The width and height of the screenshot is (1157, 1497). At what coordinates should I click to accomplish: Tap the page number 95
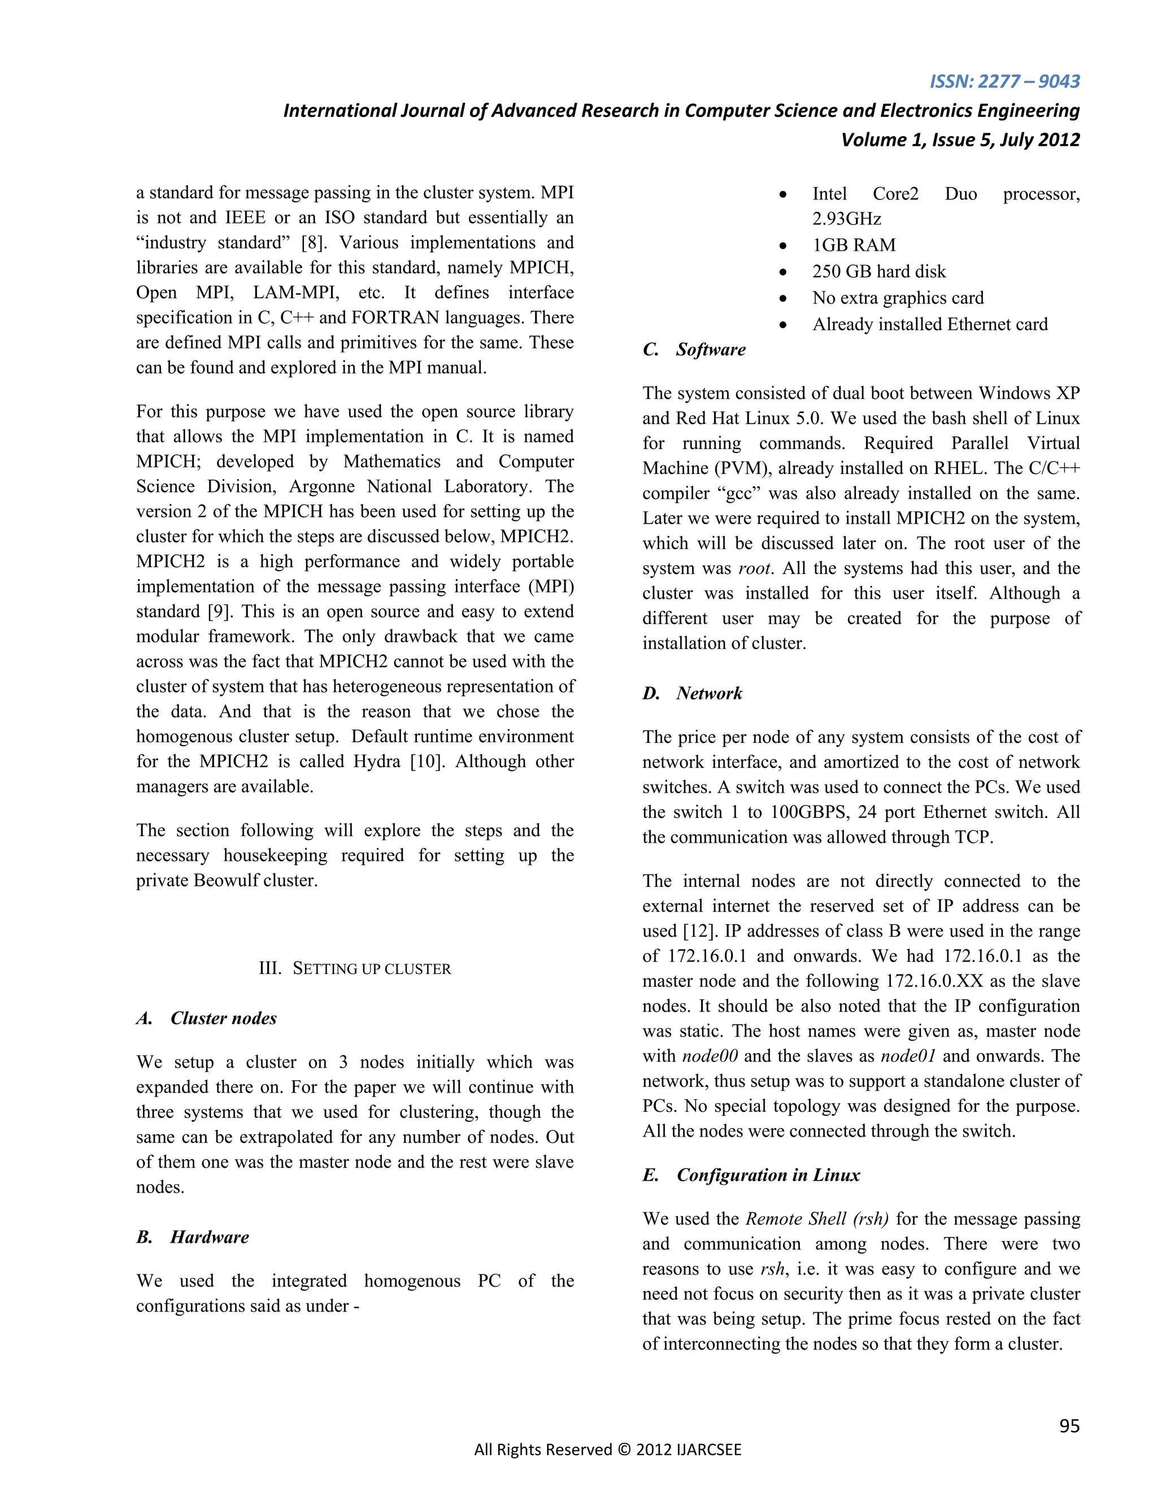click(x=1069, y=1426)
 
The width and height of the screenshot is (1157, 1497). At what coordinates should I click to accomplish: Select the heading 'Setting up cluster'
click(x=355, y=968)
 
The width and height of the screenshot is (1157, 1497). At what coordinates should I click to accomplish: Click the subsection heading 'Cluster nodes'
click(x=224, y=1018)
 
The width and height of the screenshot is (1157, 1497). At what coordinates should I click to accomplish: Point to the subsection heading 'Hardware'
click(x=210, y=1237)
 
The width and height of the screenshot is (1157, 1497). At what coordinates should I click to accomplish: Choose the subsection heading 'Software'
click(x=711, y=350)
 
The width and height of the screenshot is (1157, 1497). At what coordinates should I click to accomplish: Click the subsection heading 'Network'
click(x=710, y=693)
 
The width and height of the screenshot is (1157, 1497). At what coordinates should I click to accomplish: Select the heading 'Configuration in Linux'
click(x=768, y=1175)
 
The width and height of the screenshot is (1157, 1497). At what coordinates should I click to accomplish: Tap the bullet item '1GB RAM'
click(x=854, y=245)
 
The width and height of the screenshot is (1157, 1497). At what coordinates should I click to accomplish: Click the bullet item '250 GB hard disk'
click(x=878, y=271)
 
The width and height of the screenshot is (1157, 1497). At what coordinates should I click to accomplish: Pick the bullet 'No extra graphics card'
click(x=898, y=298)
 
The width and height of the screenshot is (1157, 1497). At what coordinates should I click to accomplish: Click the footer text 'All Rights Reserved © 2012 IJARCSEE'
click(x=608, y=1449)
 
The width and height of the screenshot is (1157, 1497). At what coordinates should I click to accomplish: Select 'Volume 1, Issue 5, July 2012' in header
click(x=960, y=140)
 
